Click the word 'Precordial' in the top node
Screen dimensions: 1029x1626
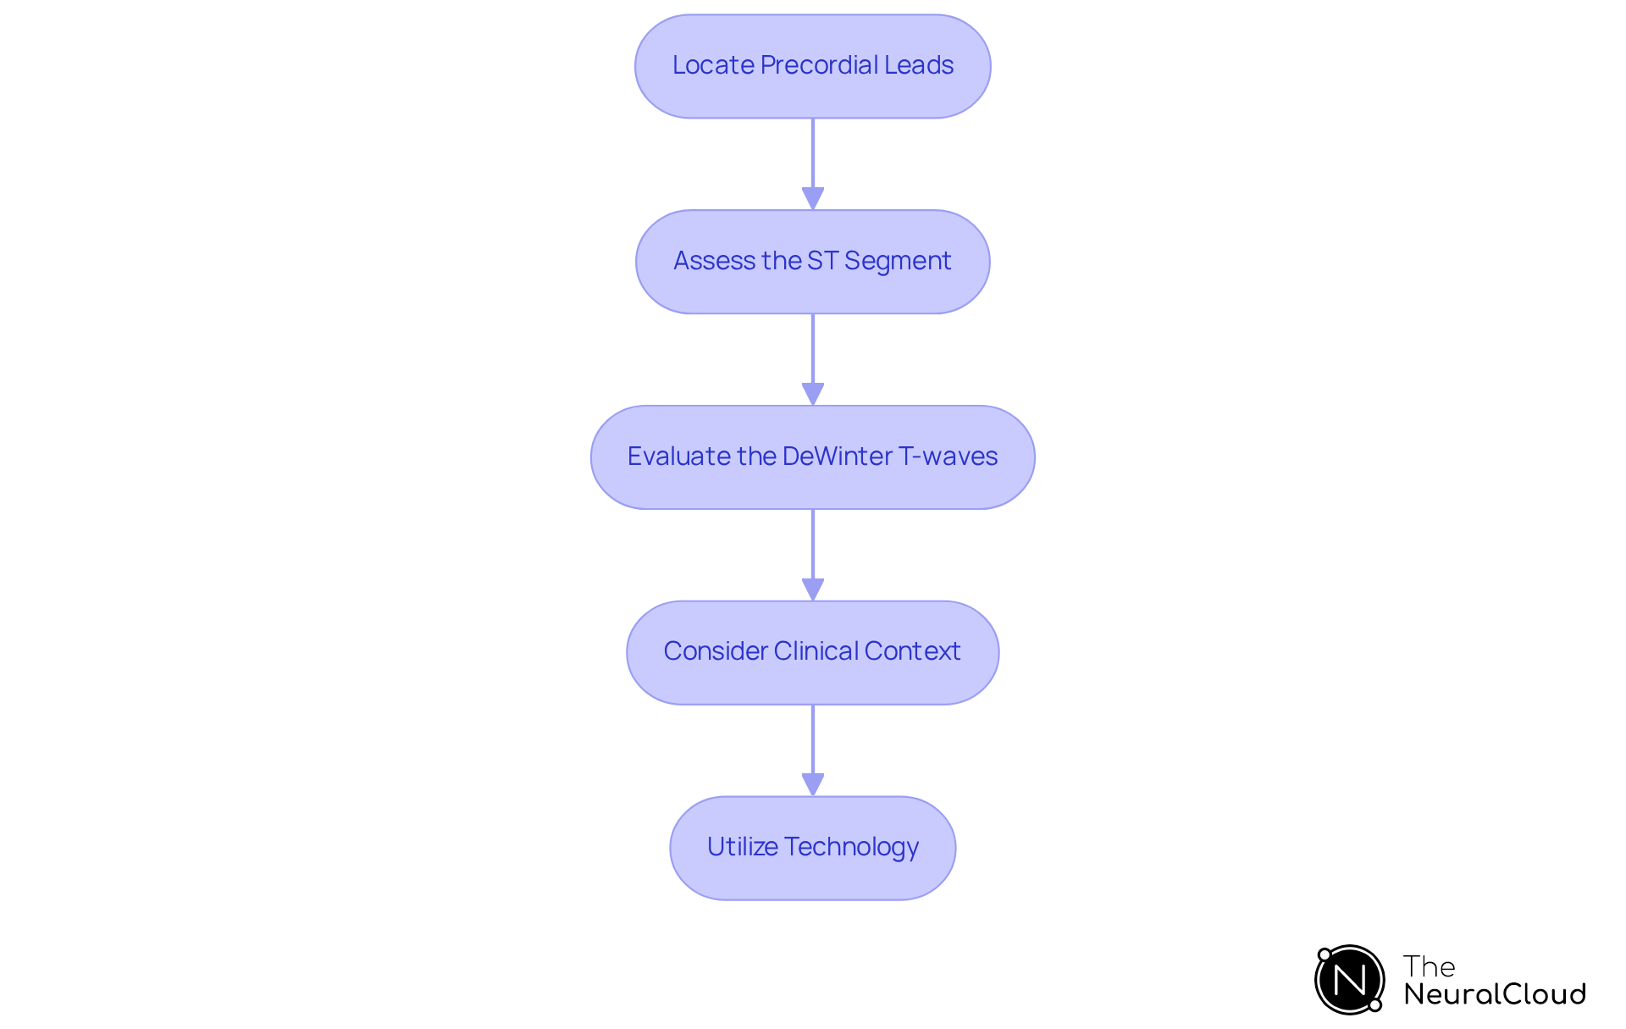click(x=819, y=65)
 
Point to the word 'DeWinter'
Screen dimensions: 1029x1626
click(x=837, y=456)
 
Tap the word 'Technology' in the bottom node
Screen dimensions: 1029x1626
click(x=851, y=847)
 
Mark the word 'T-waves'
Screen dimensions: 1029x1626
click(x=948, y=456)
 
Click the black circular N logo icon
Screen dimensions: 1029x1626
click(x=1350, y=980)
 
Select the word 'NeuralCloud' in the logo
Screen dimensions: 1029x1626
click(x=1495, y=994)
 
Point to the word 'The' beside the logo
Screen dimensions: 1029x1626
click(x=1429, y=966)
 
